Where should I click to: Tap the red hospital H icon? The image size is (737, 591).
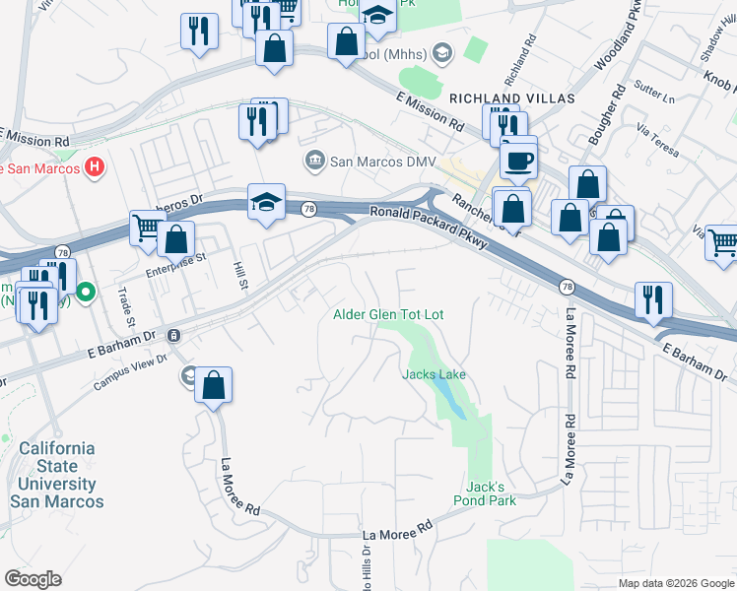(95, 167)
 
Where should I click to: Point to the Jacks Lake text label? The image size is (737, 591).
(434, 374)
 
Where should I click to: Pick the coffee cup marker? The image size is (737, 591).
(518, 161)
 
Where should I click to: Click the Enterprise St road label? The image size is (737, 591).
(176, 259)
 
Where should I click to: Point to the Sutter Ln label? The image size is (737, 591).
(655, 98)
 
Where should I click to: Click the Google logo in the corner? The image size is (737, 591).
(33, 579)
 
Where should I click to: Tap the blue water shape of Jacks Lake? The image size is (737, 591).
(451, 399)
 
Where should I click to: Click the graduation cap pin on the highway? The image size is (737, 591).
(266, 204)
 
